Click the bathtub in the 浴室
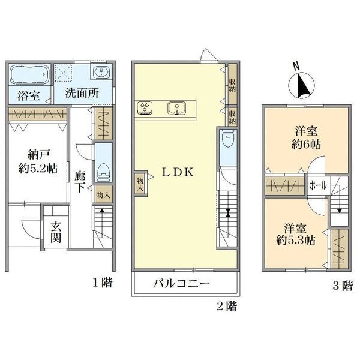coord(30,74)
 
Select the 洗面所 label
coord(82,93)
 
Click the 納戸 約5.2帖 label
coord(38,163)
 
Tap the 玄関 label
coord(56,232)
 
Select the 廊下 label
coord(80,182)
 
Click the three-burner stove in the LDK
coord(145,108)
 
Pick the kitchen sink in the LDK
coord(176,108)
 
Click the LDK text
coord(178,172)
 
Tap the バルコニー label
coord(181,283)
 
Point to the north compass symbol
coord(301,85)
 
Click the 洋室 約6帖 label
coord(306,138)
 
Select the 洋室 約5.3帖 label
coord(295,234)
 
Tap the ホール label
coord(318,185)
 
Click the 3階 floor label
coord(343,286)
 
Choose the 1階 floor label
coord(102,283)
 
